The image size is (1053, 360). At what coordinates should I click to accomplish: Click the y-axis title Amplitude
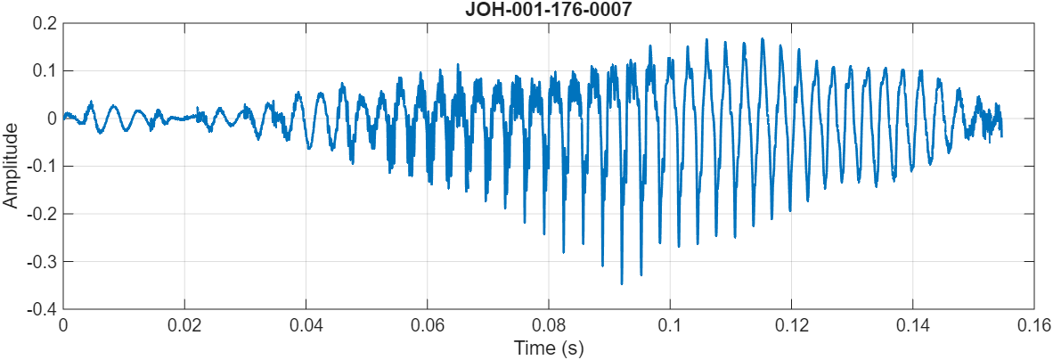(11, 166)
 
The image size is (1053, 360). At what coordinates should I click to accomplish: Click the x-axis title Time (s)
(548, 348)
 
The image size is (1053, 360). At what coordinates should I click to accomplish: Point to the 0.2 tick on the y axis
(44, 23)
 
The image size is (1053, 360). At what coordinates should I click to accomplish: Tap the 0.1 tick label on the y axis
(44, 70)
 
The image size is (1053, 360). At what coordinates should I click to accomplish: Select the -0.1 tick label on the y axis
(41, 166)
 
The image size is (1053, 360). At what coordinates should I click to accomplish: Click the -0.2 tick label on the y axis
(41, 214)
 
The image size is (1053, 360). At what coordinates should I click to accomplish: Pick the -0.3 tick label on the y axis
(41, 261)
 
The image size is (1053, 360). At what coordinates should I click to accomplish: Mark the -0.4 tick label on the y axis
(41, 309)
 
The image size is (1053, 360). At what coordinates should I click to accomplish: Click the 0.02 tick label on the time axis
(184, 324)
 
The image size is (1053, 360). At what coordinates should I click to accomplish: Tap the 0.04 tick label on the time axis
(306, 324)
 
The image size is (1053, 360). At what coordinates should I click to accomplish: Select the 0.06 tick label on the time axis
(428, 324)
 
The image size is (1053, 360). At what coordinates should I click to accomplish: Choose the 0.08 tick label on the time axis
(549, 324)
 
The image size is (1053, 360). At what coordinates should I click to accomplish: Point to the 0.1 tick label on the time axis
(670, 324)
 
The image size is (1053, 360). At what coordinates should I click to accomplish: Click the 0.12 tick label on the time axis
(791, 324)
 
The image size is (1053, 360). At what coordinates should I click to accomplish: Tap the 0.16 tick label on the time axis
(1033, 324)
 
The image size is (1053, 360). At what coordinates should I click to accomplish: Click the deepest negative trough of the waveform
(622, 283)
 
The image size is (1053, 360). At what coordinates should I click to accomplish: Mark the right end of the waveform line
(1001, 135)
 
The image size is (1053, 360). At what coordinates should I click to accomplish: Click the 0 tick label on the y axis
(53, 119)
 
